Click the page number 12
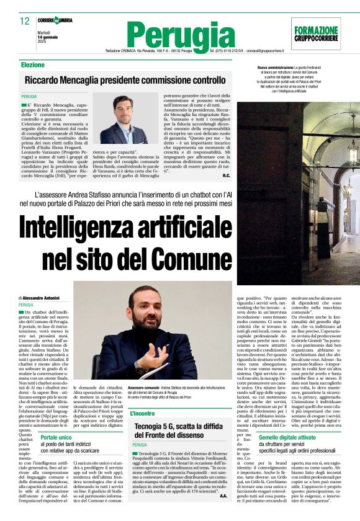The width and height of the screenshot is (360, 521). tap(24, 21)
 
